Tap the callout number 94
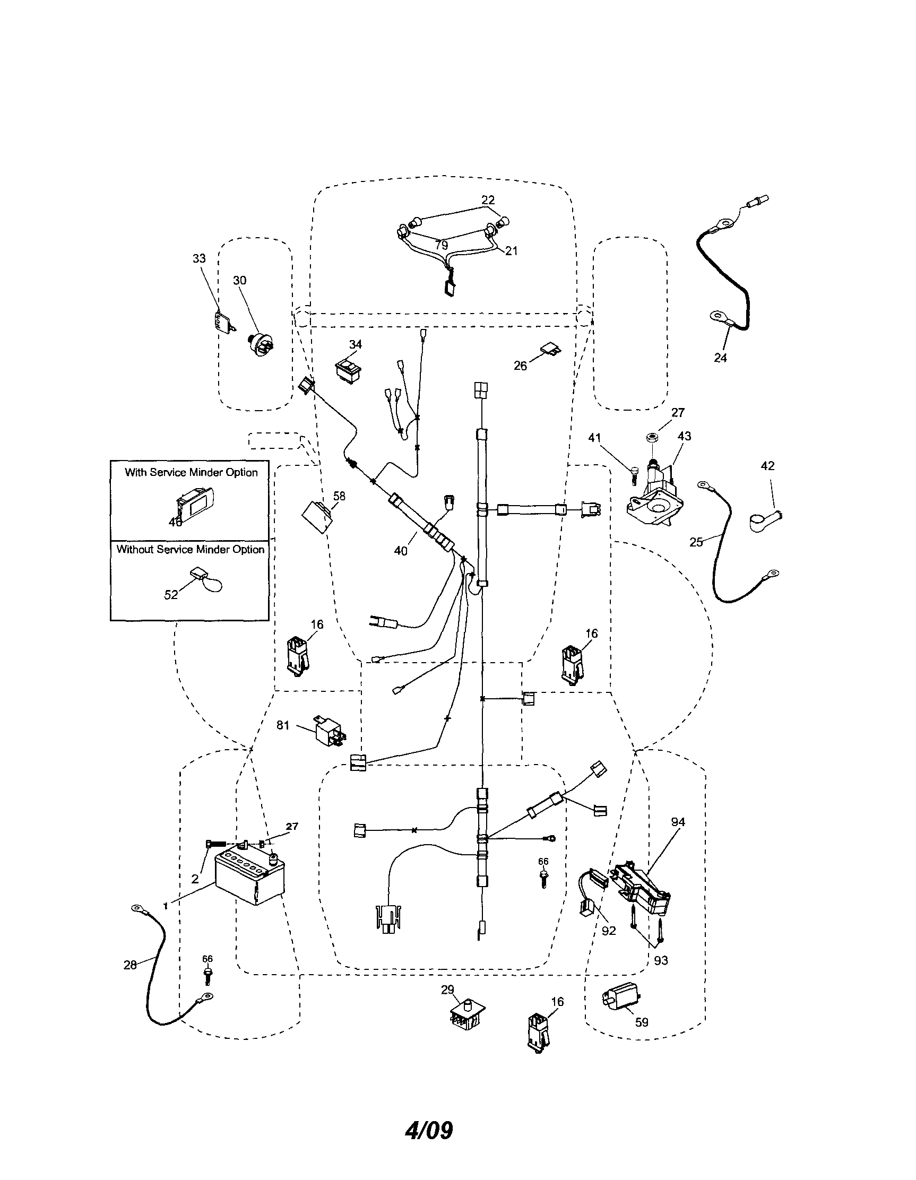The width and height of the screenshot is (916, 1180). click(x=678, y=822)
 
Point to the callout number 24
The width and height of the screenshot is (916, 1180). click(x=720, y=358)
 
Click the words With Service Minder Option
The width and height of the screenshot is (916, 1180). click(x=191, y=472)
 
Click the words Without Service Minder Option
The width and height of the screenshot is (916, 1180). click(x=190, y=550)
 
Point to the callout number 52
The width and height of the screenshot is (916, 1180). click(x=171, y=595)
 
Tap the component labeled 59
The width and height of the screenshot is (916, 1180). click(x=620, y=1000)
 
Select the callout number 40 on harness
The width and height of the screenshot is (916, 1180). click(x=401, y=551)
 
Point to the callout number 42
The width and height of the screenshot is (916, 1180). click(x=767, y=466)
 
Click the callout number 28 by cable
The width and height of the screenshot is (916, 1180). click(x=130, y=965)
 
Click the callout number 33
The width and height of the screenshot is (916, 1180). click(x=200, y=259)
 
